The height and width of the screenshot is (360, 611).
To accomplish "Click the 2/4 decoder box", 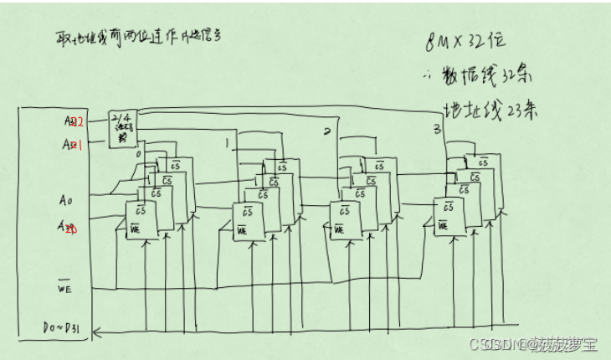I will (123, 128).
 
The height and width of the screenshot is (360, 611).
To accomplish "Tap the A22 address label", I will (74, 121).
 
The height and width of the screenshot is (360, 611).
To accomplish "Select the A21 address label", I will (73, 144).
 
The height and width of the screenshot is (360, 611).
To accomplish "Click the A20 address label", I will (69, 227).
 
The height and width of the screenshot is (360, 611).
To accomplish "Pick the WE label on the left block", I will (65, 290).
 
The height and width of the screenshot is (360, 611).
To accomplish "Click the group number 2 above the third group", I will (327, 131).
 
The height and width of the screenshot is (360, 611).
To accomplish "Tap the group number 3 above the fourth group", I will (436, 130).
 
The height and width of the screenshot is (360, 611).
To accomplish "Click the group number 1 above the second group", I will (227, 144).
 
